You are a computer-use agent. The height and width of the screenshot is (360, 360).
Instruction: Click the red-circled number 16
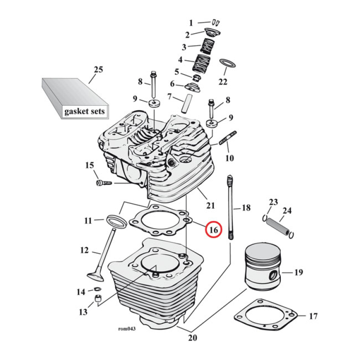[x=214, y=229]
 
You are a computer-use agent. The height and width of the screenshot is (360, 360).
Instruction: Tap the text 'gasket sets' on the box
[x=84, y=111]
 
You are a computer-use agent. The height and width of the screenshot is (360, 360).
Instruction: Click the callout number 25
[x=98, y=70]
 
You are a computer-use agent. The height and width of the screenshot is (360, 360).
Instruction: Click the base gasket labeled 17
[x=265, y=317]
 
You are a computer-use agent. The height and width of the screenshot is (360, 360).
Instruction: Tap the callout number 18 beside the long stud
[x=246, y=208]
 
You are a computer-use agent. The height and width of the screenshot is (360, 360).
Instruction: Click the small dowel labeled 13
[x=97, y=299]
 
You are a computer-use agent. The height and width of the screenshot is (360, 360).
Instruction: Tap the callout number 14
[x=81, y=292]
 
